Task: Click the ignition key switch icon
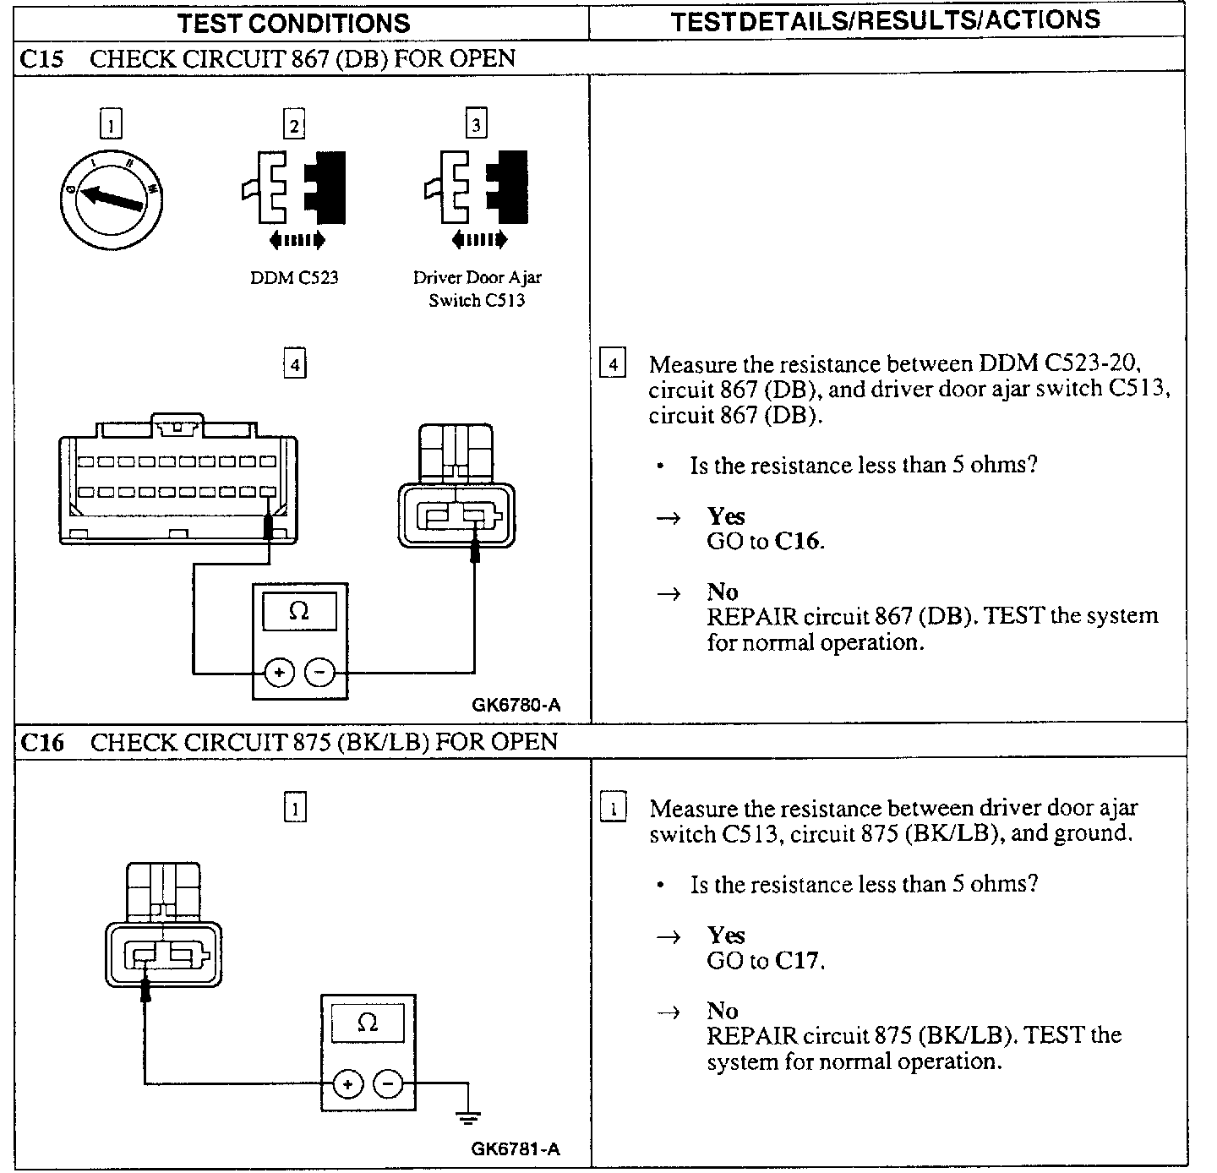(111, 201)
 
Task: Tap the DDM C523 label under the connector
(294, 277)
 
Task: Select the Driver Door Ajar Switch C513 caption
(477, 288)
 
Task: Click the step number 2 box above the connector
(293, 125)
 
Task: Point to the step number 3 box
(477, 125)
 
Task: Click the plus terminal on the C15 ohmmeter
(279, 673)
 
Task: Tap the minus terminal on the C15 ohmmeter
(319, 673)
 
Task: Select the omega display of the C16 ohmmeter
(368, 1023)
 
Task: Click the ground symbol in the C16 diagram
(467, 1117)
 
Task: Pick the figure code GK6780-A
(516, 705)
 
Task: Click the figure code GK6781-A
(516, 1148)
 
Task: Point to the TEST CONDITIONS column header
(293, 23)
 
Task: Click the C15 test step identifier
(41, 59)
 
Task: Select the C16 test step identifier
(41, 742)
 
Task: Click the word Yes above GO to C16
(726, 516)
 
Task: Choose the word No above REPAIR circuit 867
(722, 592)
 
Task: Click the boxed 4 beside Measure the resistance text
(613, 364)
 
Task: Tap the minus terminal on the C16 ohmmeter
(388, 1084)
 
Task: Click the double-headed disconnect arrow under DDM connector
(297, 241)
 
